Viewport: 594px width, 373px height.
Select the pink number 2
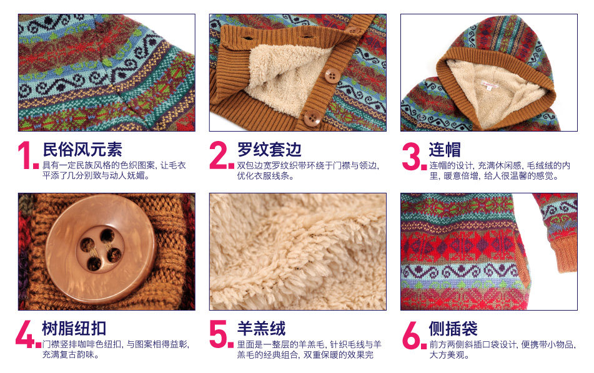click(x=220, y=157)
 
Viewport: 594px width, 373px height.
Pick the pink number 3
click(x=413, y=157)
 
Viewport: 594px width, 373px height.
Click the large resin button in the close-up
click(x=101, y=249)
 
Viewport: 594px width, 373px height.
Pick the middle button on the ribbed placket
click(x=332, y=75)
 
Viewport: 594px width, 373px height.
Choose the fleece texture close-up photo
click(x=297, y=251)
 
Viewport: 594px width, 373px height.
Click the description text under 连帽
click(x=500, y=171)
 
